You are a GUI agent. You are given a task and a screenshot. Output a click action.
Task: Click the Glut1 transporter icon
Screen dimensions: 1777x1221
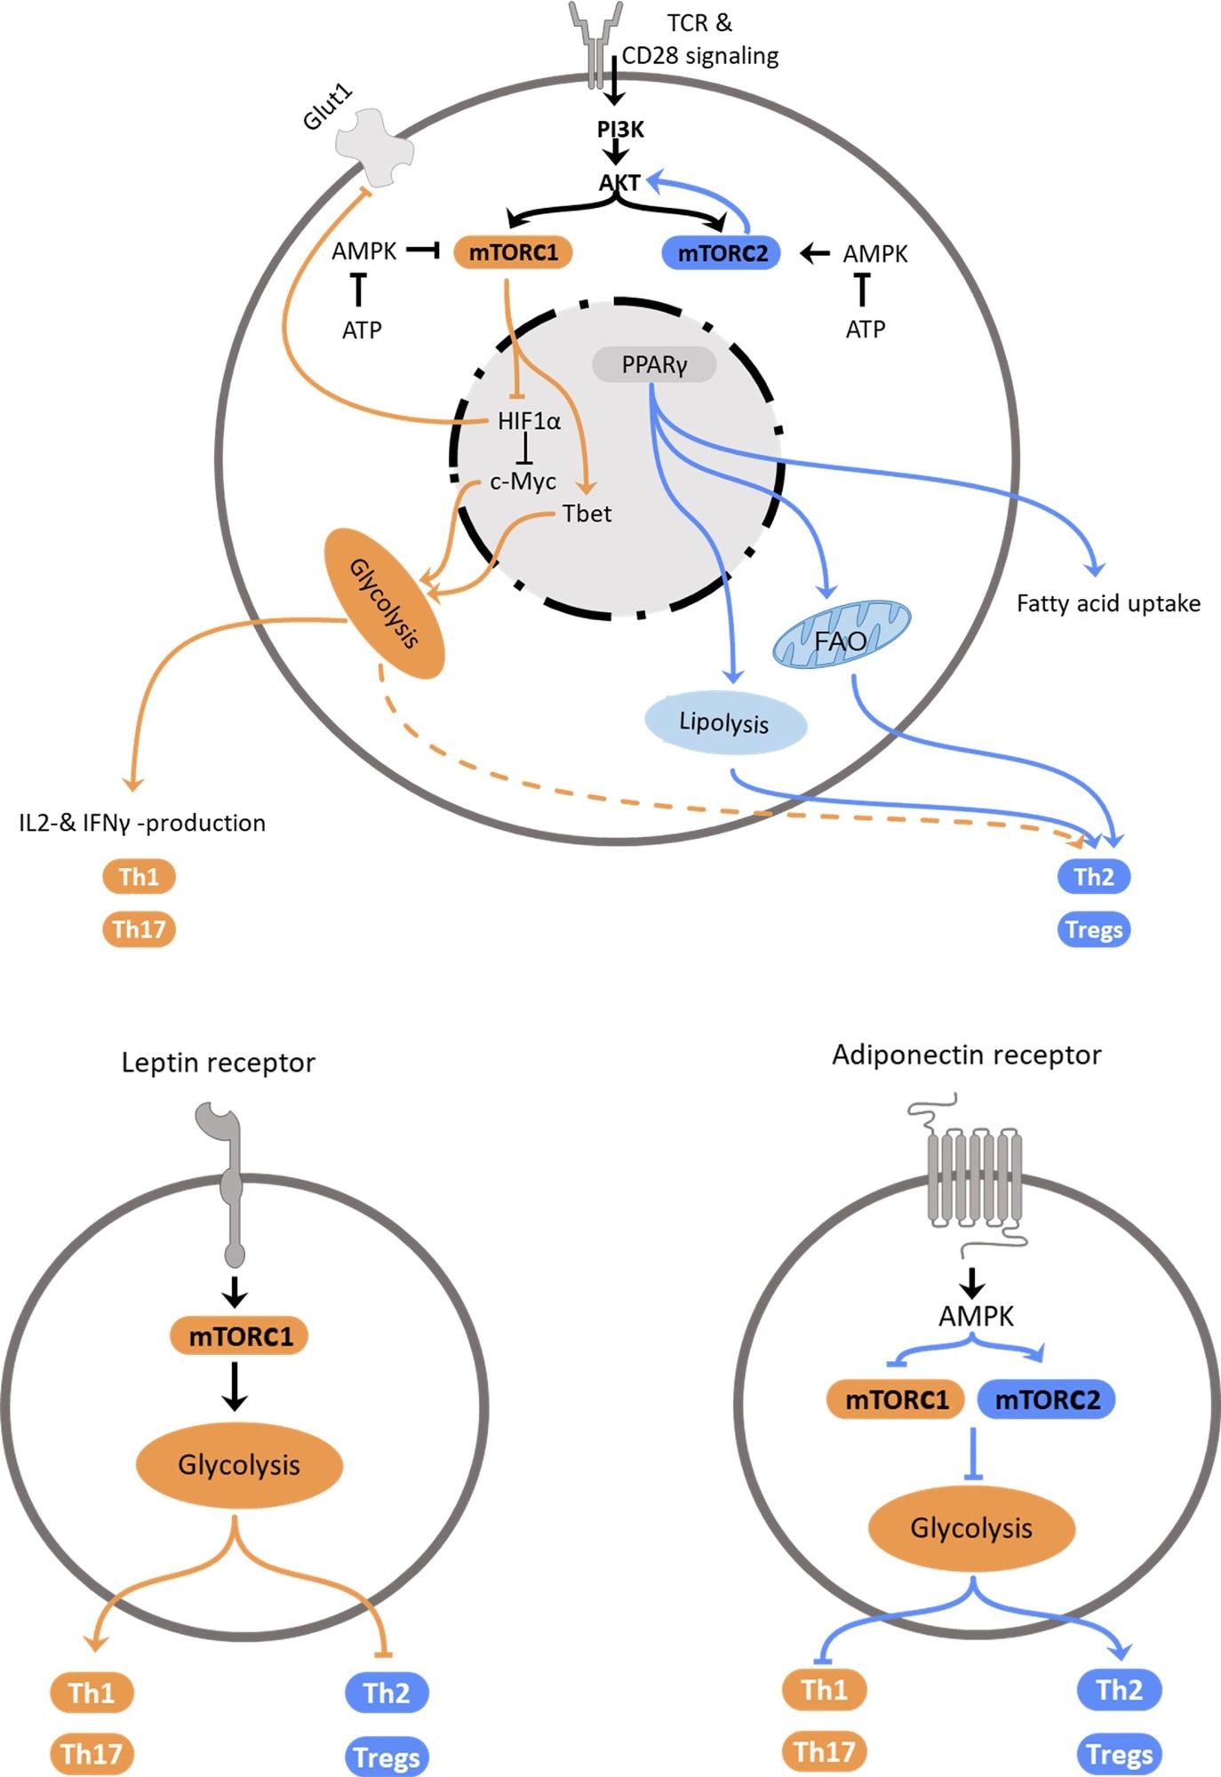[374, 147]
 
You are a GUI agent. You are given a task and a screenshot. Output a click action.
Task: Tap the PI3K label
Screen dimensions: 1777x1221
[620, 130]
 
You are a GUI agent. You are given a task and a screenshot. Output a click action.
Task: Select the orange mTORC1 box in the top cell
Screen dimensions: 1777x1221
[513, 252]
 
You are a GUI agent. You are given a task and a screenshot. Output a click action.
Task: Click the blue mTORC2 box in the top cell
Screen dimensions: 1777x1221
[722, 253]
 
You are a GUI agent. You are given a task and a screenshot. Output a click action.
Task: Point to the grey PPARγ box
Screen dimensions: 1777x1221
[654, 365]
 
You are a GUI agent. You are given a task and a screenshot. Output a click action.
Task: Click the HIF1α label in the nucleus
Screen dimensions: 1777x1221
[529, 421]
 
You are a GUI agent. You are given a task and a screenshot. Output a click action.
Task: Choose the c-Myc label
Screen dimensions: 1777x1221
[523, 482]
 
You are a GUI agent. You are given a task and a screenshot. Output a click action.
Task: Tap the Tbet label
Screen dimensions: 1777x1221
[587, 514]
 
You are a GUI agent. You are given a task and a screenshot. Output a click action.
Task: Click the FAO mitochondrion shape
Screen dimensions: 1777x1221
[841, 634]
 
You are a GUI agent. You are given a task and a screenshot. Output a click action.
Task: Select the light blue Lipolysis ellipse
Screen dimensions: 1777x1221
[724, 722]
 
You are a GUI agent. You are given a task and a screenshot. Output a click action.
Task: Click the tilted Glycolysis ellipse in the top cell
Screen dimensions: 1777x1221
[384, 603]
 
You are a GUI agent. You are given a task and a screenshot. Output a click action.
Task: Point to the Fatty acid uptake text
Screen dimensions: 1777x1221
[1108, 604]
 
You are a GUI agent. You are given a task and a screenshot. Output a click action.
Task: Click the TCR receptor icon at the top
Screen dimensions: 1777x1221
[595, 40]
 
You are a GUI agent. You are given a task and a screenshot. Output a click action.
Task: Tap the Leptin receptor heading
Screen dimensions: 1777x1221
[218, 1063]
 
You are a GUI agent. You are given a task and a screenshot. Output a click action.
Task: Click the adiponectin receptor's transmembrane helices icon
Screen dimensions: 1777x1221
[974, 1175]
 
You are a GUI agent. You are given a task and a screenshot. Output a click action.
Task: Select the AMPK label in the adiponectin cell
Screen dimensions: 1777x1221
[976, 1316]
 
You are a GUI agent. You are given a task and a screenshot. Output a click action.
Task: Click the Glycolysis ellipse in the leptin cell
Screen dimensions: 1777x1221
[239, 1465]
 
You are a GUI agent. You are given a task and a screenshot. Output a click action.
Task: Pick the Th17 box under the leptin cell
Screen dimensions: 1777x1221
[92, 1754]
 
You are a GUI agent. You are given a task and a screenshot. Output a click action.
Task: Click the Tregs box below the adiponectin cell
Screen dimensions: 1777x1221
[1119, 1754]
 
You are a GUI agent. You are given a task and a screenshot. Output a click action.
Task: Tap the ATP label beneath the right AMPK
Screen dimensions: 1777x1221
[865, 330]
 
